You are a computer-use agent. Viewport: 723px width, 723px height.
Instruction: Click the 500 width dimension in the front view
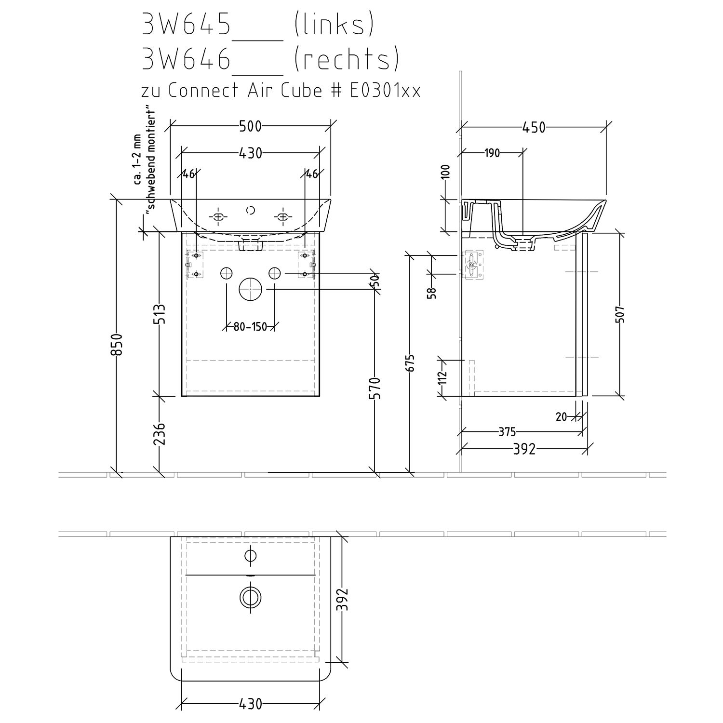[x=250, y=126]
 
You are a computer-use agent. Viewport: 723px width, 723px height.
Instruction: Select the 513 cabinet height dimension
[x=161, y=314]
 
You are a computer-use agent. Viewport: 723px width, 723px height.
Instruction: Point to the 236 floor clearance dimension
[x=161, y=434]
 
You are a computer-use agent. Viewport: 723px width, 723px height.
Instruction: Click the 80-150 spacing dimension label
[x=250, y=327]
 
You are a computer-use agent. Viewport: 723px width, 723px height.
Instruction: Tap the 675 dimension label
[x=410, y=363]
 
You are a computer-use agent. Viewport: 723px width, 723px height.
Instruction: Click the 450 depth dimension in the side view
[x=534, y=127]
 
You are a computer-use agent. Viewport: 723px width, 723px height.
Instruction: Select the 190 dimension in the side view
[x=492, y=153]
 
